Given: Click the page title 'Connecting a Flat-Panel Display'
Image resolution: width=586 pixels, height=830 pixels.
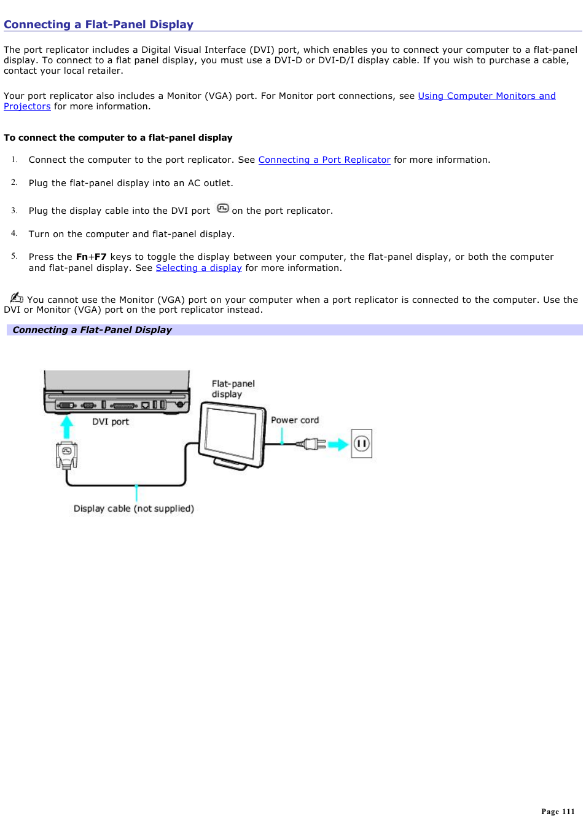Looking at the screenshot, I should (98, 25).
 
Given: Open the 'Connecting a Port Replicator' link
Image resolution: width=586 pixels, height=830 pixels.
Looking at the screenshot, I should (324, 160).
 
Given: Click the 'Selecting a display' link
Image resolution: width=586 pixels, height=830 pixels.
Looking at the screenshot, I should (198, 268).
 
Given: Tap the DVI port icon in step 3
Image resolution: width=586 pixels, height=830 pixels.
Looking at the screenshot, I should (222, 209).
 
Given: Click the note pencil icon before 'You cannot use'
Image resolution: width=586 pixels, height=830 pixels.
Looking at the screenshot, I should (16, 298).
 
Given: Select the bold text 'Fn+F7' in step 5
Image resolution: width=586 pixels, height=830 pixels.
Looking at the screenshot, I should (91, 257).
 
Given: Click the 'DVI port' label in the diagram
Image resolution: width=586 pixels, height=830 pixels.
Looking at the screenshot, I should (111, 421).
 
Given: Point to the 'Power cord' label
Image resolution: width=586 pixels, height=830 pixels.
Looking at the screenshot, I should (295, 420).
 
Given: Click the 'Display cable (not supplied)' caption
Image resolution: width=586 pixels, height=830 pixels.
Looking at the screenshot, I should (133, 509).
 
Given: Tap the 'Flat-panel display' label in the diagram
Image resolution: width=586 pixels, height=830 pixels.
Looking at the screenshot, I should (233, 389).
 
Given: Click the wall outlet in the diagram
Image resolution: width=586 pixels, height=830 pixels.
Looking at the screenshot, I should (361, 444).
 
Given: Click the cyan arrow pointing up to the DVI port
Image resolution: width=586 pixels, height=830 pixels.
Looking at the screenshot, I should (66, 426).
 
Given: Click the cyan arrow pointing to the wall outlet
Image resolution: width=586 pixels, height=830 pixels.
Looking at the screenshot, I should (338, 444).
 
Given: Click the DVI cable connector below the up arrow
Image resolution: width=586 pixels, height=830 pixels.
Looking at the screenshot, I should (66, 455).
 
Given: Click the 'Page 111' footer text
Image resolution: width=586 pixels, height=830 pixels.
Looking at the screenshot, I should (557, 812).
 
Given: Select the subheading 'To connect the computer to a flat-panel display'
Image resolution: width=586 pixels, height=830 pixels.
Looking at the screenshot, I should (118, 138).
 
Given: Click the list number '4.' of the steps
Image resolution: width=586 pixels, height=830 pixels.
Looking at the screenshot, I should (14, 233).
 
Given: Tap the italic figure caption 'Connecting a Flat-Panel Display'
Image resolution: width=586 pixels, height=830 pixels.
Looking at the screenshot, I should (92, 330).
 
